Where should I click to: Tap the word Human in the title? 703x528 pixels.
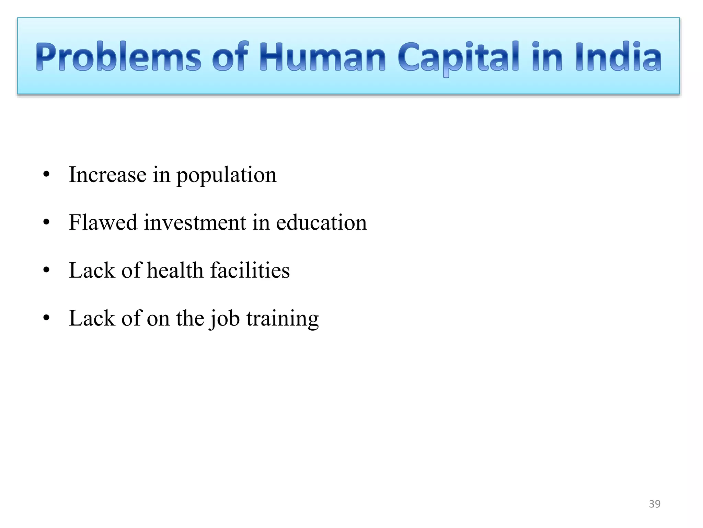pyautogui.click(x=322, y=57)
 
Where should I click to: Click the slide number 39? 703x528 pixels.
pyautogui.click(x=655, y=504)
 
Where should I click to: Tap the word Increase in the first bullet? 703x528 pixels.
pyautogui.click(x=107, y=175)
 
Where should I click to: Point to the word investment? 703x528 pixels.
pyautogui.click(x=195, y=222)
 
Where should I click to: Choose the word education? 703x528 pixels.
pyautogui.click(x=321, y=222)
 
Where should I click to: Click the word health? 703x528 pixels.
pyautogui.click(x=175, y=270)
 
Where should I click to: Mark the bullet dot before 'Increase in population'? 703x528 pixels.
pyautogui.click(x=47, y=175)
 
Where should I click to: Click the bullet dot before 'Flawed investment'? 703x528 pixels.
pyautogui.click(x=47, y=222)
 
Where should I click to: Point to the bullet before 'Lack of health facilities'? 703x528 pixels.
pyautogui.click(x=47, y=270)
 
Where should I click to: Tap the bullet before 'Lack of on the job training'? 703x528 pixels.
pyautogui.click(x=47, y=318)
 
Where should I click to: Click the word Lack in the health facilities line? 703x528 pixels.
pyautogui.click(x=92, y=270)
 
